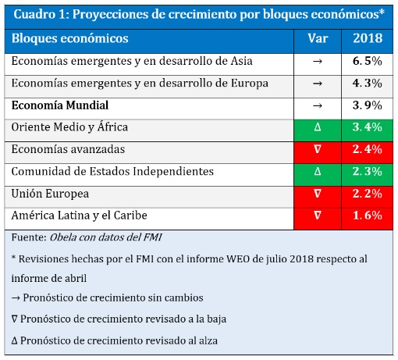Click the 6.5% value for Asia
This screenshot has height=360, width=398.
tap(368, 61)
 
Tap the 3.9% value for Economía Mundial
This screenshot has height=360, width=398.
tap(368, 105)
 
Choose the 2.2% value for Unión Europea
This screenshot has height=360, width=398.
tap(368, 194)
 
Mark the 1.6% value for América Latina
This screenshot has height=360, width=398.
tap(368, 216)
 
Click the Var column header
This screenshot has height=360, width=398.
tap(318, 38)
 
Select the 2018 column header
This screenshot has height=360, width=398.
tap(368, 38)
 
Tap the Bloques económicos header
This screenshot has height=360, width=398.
tap(70, 38)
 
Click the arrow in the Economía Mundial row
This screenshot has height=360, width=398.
tap(318, 105)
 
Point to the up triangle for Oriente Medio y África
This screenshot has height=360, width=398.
tap(318, 127)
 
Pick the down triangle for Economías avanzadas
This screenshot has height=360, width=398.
tap(318, 149)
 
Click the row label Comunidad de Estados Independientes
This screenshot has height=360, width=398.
tap(112, 172)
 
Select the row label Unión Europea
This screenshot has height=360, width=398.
tap(50, 194)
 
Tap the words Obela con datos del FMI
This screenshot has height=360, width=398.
tap(105, 237)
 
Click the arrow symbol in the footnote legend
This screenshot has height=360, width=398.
tap(16, 298)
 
